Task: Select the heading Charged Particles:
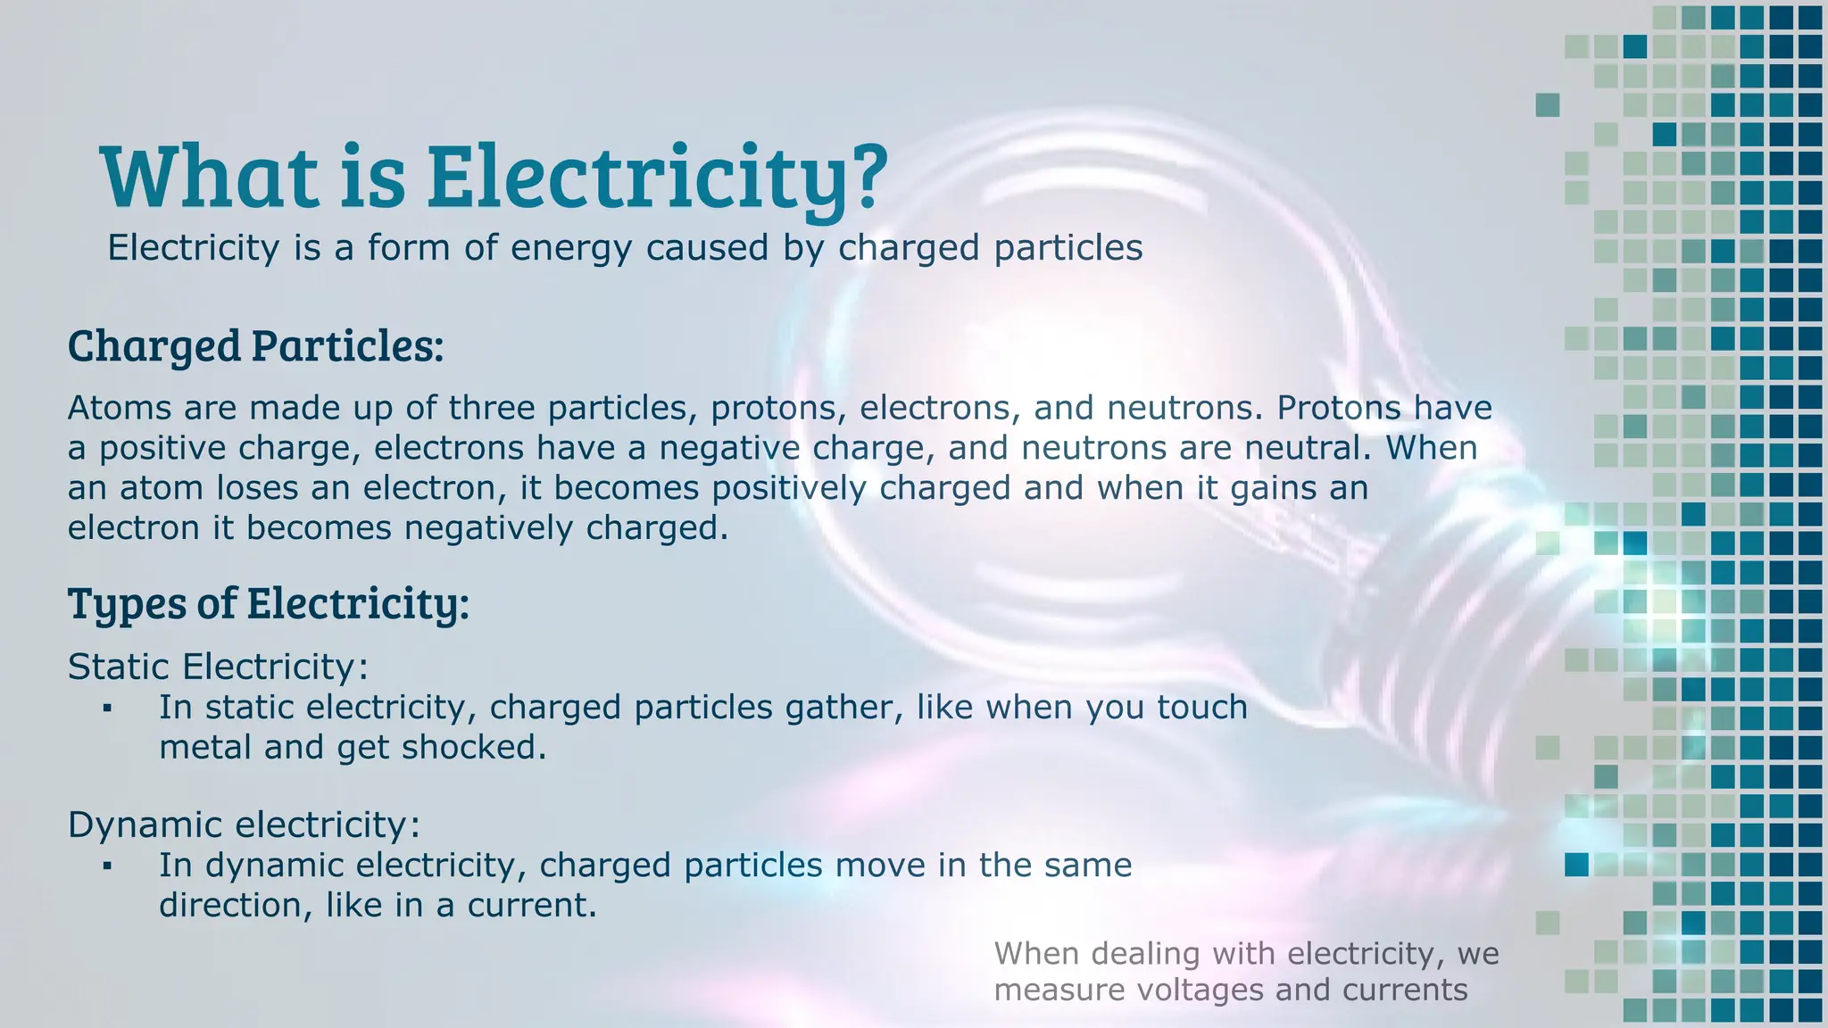(255, 346)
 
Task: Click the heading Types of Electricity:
(268, 603)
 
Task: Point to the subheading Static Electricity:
(218, 667)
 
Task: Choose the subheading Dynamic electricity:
(243, 825)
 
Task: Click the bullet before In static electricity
(107, 709)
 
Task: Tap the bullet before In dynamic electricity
(107, 866)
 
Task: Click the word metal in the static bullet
(205, 747)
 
